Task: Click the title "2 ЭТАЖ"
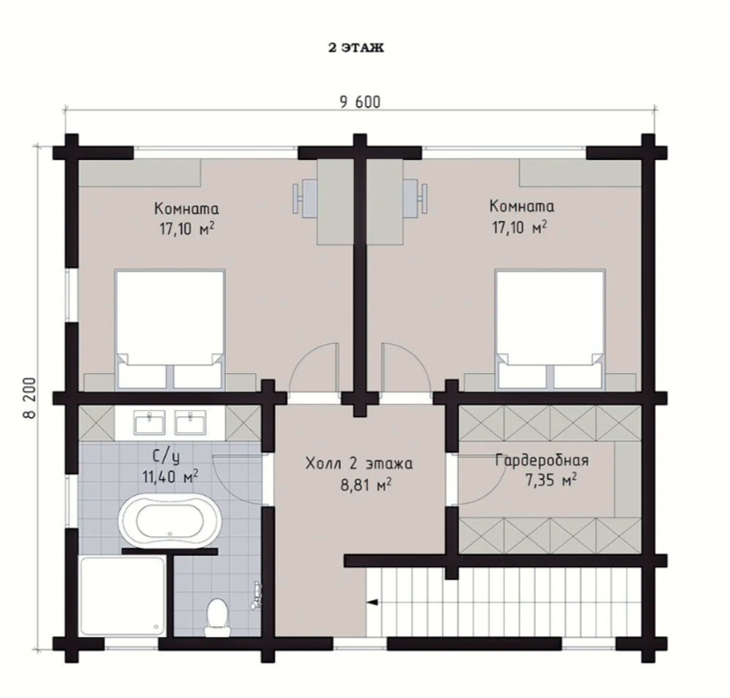point(356,48)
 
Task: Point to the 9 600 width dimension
point(360,102)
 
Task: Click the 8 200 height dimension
point(28,398)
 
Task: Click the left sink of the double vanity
point(149,423)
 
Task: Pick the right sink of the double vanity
point(191,423)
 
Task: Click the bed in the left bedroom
point(170,329)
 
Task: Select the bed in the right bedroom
point(550,329)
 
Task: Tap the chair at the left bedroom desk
point(304,199)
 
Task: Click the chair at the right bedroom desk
point(415,199)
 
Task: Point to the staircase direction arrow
point(372,603)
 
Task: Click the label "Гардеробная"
point(542,460)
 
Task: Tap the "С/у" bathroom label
point(167,457)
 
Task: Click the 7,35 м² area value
point(551,480)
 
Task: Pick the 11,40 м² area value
point(170,476)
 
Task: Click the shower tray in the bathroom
point(122,596)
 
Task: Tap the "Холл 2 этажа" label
point(359,464)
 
